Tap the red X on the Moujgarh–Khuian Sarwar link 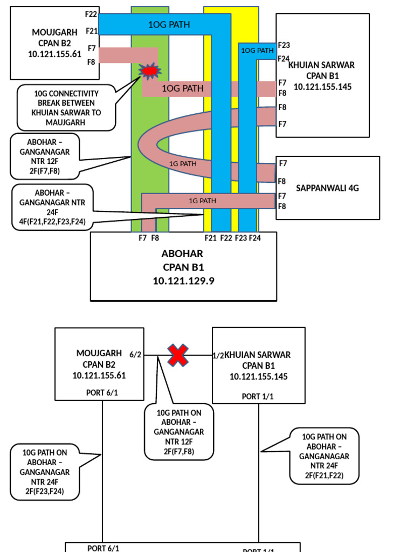click(x=178, y=356)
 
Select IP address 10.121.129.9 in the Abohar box click(x=183, y=281)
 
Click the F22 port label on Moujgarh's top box click(x=91, y=14)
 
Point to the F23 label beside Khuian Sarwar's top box click(x=284, y=45)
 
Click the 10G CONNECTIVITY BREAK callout click(x=66, y=108)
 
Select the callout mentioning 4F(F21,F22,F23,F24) click(x=52, y=207)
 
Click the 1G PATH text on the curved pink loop click(x=183, y=163)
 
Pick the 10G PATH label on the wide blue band click(x=169, y=24)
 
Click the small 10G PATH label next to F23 click(x=257, y=50)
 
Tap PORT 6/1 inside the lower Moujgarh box click(x=102, y=392)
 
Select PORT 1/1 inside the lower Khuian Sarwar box click(x=258, y=396)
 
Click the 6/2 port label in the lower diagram click(x=135, y=354)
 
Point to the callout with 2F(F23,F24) click(x=45, y=472)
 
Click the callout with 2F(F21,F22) click(x=324, y=456)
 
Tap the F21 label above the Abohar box click(x=210, y=238)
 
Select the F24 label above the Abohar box click(x=254, y=238)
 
